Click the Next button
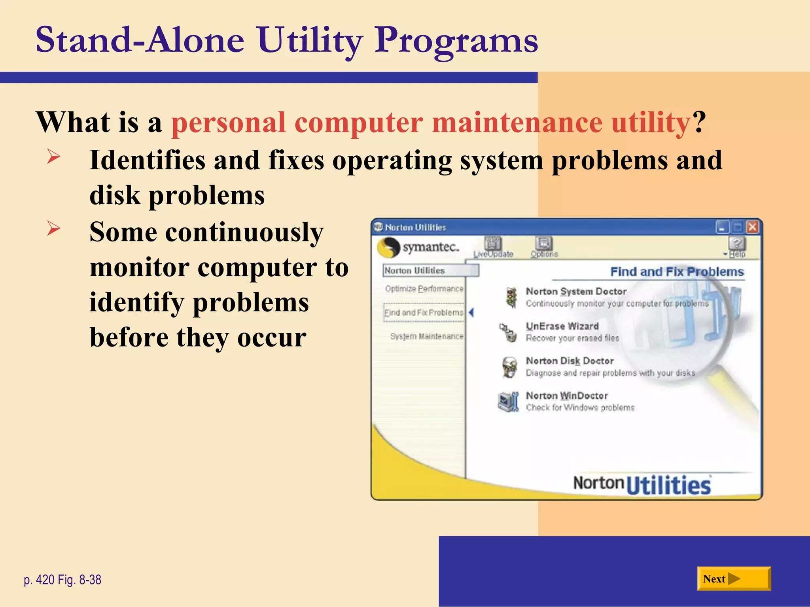pos(733,579)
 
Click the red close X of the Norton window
pos(752,227)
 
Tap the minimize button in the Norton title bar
pos(722,227)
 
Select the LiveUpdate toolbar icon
pos(493,243)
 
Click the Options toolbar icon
pos(544,243)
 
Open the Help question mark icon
pos(737,243)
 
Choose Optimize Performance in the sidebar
pos(424,289)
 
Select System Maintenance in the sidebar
pos(426,336)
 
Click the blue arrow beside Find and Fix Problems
pos(471,313)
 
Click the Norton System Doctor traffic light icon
pos(511,297)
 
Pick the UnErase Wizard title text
pos(562,326)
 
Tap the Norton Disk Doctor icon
pos(509,367)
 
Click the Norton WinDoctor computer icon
pos(508,402)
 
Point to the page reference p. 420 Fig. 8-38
pos(62,580)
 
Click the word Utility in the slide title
pos(310,40)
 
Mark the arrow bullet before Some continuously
pos(53,228)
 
